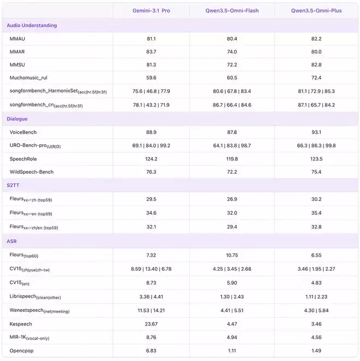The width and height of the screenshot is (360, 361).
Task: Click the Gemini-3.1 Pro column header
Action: tap(151, 10)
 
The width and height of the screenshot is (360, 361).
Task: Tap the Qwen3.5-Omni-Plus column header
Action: tap(316, 10)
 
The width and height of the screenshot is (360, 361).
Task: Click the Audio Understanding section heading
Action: tap(32, 25)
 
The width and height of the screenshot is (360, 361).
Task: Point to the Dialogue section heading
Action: tap(17, 119)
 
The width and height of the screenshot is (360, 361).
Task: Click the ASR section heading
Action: tap(12, 241)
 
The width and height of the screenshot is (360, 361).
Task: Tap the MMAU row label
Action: tap(17, 39)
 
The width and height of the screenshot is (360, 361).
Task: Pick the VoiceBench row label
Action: tap(23, 132)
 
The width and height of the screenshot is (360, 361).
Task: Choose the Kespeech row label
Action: tap(21, 324)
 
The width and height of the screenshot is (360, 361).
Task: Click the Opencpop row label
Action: tap(22, 350)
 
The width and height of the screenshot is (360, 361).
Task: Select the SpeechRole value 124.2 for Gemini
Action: tap(151, 159)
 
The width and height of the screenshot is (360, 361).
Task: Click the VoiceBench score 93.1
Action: tap(316, 132)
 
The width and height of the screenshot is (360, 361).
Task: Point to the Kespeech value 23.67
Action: tap(151, 324)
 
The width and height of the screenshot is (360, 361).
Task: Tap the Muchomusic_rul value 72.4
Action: tap(316, 78)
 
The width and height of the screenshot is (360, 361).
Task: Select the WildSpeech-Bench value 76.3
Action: tap(151, 172)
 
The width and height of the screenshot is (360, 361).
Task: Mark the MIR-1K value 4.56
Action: tap(316, 337)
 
